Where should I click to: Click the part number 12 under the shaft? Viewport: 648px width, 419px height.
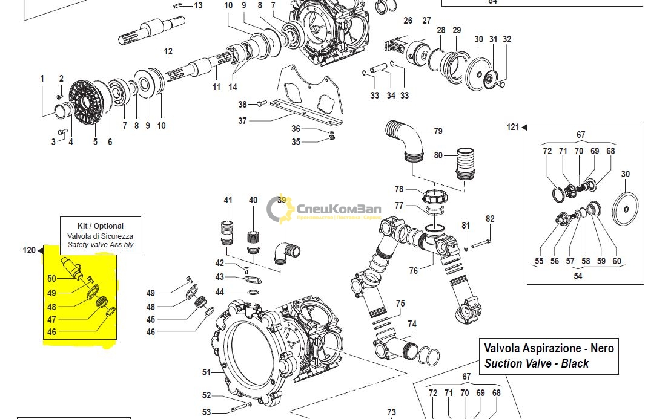[168, 51]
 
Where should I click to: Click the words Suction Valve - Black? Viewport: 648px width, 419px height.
[536, 363]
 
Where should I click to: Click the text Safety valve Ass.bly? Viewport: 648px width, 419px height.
[101, 246]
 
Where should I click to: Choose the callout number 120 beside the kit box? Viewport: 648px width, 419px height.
[30, 250]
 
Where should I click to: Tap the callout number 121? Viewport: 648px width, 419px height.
[513, 127]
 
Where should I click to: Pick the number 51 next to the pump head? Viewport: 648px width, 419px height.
[207, 372]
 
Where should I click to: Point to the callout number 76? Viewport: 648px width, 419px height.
[413, 271]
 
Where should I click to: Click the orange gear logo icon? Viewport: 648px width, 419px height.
[280, 209]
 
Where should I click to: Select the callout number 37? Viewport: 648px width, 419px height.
[242, 121]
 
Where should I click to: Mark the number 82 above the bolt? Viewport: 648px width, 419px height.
[490, 219]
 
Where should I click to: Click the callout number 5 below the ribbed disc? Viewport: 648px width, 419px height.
[95, 142]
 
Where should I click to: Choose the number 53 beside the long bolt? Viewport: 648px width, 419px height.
[207, 412]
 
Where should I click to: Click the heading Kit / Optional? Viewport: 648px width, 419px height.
[101, 226]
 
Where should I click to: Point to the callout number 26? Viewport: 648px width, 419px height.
[408, 21]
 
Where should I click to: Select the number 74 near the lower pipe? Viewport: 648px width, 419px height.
[412, 324]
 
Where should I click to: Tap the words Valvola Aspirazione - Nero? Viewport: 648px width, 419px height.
[549, 348]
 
